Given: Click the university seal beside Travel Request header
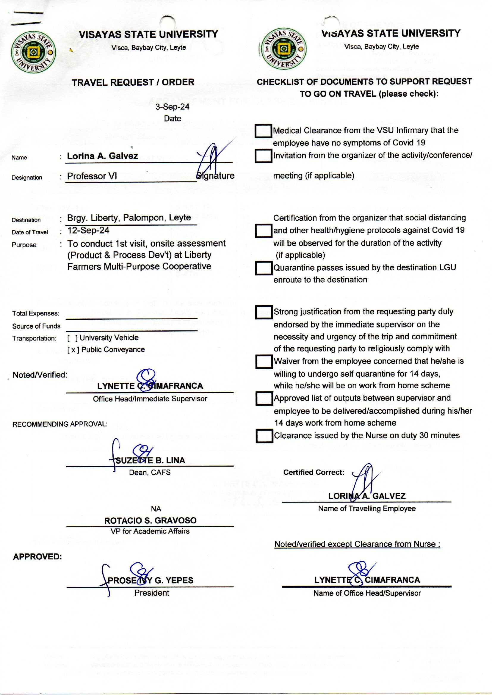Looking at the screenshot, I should point(33,52).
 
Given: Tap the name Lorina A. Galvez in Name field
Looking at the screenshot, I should point(102,156).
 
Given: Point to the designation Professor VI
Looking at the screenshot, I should point(92,176).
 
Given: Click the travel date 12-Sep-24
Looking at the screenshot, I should point(88,230).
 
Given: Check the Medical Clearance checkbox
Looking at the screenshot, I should point(263,131).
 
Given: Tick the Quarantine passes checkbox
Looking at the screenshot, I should point(263,268).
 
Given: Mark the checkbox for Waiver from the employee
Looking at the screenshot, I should point(264,362).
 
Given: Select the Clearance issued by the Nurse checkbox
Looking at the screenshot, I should point(264,436).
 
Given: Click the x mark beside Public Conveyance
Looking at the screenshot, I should point(73,350).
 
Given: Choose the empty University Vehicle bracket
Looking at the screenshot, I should point(72,338).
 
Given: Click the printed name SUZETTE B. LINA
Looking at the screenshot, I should point(150,461).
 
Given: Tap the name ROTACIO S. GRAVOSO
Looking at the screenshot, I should point(150,520).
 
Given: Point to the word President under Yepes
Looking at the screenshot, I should point(152,593).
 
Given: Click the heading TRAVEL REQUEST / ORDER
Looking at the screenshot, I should point(133,82).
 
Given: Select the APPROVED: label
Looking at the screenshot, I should point(37,557).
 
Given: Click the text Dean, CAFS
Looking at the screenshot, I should point(150,473).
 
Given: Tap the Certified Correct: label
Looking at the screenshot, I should point(314,473).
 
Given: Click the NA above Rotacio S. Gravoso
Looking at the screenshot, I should point(156,509).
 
